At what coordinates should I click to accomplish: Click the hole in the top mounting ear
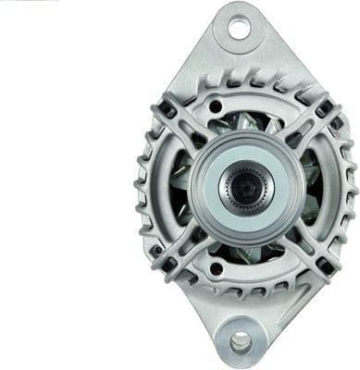coord(239,29)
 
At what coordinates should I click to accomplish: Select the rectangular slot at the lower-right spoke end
coord(321,263)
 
